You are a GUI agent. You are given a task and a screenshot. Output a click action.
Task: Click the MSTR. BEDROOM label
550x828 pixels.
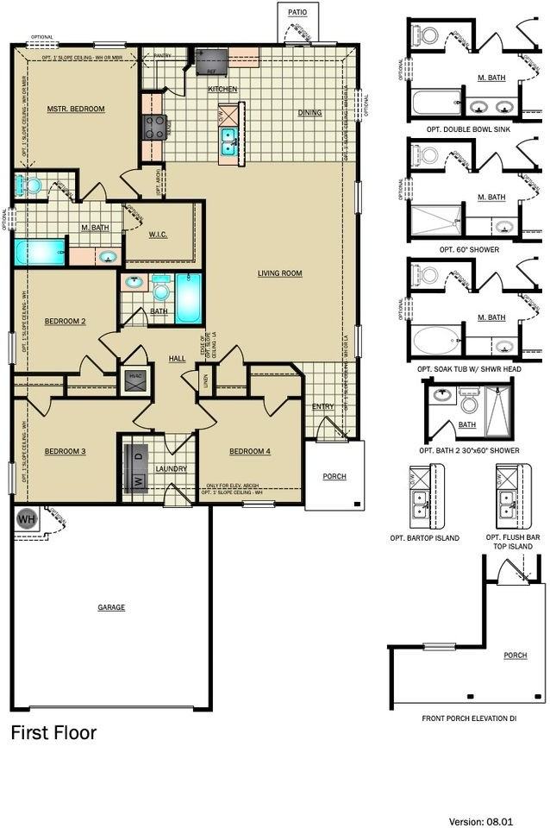point(75,109)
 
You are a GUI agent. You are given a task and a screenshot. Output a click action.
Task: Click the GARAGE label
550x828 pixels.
point(111,607)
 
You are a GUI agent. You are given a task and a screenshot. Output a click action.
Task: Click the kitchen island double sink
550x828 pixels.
point(228,141)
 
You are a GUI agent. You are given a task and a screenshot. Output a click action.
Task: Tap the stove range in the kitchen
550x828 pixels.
point(153,129)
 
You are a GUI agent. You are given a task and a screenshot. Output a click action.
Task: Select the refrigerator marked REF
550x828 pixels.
point(210,60)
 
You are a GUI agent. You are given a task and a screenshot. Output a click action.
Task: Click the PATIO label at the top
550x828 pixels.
point(297,12)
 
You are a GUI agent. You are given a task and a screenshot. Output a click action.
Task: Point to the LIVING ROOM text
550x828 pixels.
point(279,273)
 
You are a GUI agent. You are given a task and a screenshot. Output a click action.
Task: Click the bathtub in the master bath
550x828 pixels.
point(40,252)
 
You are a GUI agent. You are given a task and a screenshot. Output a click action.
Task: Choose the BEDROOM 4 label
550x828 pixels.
point(250,451)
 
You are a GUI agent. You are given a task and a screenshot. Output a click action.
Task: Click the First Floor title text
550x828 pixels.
point(53,733)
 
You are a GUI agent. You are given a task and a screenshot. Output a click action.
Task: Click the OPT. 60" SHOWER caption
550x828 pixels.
point(469,249)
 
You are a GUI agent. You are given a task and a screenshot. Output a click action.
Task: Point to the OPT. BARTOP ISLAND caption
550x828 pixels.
point(425,537)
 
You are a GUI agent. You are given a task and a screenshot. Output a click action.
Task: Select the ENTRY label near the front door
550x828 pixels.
point(322,406)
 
